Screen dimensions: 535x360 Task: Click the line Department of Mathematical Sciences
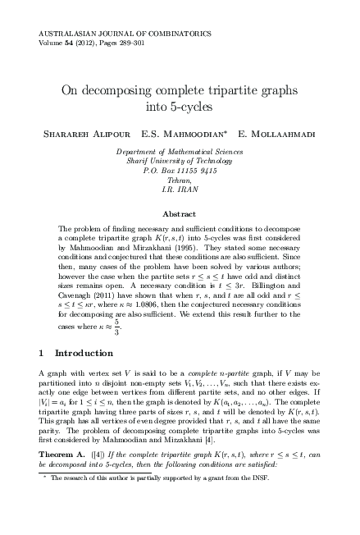(180, 152)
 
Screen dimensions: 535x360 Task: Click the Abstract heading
(180, 213)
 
